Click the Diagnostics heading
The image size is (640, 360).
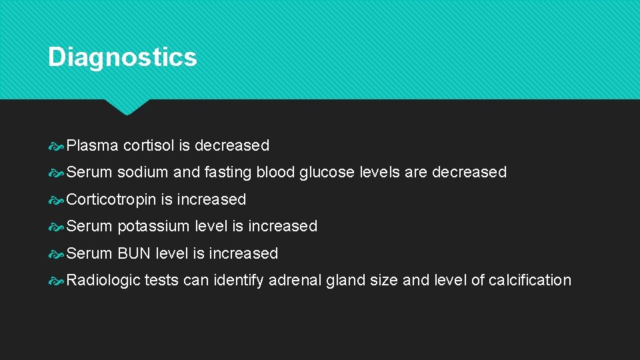point(122,57)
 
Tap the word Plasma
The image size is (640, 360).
point(93,145)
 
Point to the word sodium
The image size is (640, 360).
point(143,172)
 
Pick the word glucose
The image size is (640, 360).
point(327,173)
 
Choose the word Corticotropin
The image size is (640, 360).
point(111,199)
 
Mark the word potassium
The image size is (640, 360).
point(153,227)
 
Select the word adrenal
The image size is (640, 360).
point(295,280)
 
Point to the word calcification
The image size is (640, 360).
point(530,280)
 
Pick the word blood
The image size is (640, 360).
point(274,172)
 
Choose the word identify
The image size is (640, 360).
point(238,281)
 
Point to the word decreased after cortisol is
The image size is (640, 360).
point(232,145)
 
